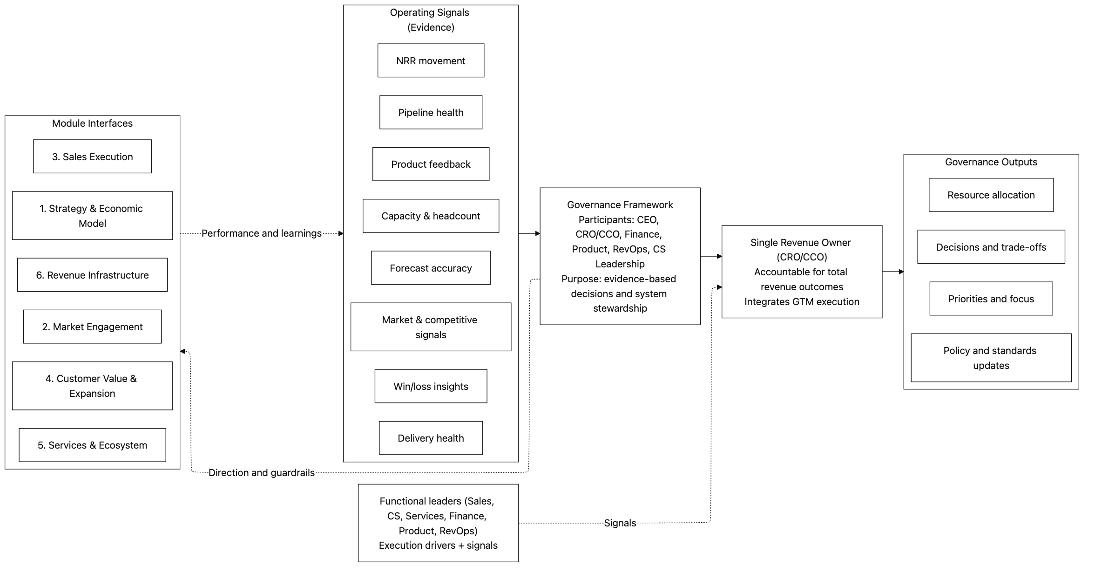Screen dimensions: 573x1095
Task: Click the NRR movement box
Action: pyautogui.click(x=431, y=61)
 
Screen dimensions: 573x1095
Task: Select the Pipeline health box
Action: pyautogui.click(x=431, y=112)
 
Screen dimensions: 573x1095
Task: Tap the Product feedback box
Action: pyautogui.click(x=431, y=164)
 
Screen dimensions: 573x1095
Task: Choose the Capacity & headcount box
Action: pyautogui.click(x=431, y=216)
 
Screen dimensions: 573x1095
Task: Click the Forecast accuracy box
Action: pyautogui.click(x=431, y=268)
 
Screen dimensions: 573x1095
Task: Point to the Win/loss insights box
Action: pyautogui.click(x=431, y=386)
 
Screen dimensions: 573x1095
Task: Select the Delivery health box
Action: pyautogui.click(x=431, y=438)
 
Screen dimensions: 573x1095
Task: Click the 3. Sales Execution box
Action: pyautogui.click(x=92, y=157)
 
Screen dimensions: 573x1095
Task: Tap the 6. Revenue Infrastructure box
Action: pyautogui.click(x=92, y=275)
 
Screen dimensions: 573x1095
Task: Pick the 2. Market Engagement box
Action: pyautogui.click(x=92, y=327)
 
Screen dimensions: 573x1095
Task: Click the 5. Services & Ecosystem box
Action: pyautogui.click(x=92, y=445)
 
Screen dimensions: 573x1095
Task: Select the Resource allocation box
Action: pyautogui.click(x=991, y=195)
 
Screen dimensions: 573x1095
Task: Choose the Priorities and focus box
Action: pyautogui.click(x=991, y=299)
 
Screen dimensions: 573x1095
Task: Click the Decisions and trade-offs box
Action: pyautogui.click(x=991, y=247)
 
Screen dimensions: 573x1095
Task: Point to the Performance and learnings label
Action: pyautogui.click(x=261, y=233)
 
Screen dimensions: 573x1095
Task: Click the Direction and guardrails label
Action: pyautogui.click(x=261, y=472)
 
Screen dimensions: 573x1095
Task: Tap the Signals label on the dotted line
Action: pyautogui.click(x=620, y=523)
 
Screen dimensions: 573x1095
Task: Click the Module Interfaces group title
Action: pyautogui.click(x=92, y=123)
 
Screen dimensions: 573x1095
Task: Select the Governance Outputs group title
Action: pyautogui.click(x=991, y=162)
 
